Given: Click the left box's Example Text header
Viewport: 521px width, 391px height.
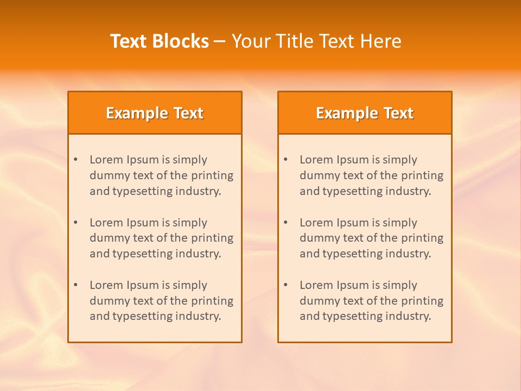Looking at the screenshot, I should coord(155,113).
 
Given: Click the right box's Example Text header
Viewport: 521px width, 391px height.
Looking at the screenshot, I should coord(365,113).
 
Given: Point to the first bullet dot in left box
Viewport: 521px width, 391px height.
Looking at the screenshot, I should coord(76,160).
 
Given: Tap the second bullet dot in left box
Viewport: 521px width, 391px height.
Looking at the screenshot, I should coord(76,223).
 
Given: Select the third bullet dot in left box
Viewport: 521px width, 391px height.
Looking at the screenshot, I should coord(76,285).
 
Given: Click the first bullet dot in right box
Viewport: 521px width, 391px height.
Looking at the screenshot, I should coord(286,160).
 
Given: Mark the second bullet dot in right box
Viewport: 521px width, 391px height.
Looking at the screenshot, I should coord(286,223).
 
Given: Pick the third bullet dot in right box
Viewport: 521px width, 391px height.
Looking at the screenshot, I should coord(286,285).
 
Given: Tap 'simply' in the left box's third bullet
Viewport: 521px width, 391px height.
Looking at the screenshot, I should coord(190,285).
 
